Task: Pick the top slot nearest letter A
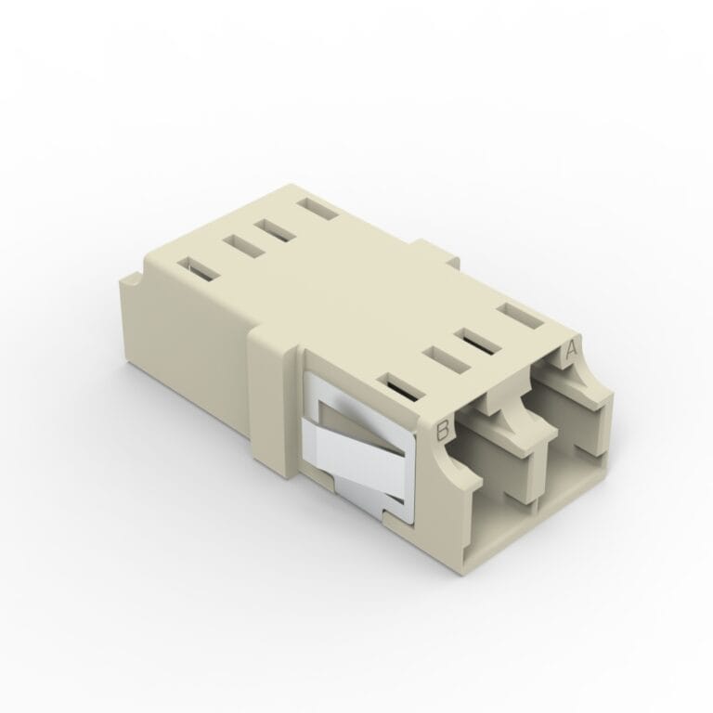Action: (520, 316)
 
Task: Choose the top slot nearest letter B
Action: (401, 387)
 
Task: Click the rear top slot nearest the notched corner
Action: (198, 269)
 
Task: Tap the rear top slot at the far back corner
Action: (317, 209)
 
